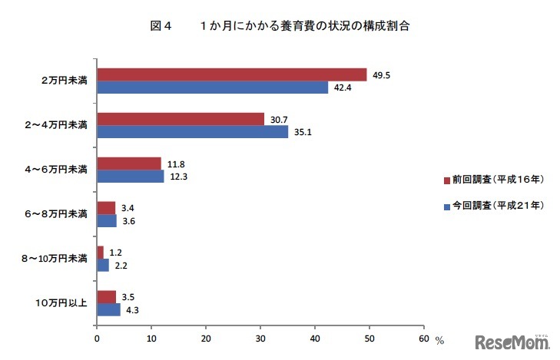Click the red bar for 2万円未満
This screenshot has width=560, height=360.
coord(231,74)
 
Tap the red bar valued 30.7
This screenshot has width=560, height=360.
coord(181,119)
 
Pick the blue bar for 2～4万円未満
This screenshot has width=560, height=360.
coord(192,131)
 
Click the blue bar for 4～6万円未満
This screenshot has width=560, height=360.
coord(130,177)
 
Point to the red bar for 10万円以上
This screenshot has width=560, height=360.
coord(106,297)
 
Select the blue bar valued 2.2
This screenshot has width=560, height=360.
coord(102,265)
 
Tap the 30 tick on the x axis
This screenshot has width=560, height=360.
coord(260,337)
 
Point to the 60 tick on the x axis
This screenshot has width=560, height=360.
coord(424,337)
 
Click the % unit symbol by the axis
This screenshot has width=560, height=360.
coord(439,339)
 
